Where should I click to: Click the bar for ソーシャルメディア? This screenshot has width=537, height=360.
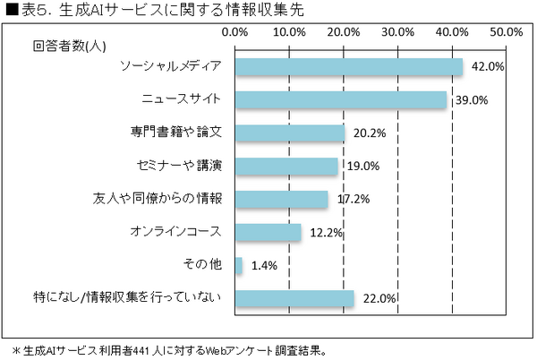349,67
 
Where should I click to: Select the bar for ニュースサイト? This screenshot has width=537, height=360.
341,100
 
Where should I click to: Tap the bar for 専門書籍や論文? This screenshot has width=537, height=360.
290,133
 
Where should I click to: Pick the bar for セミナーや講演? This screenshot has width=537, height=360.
286,166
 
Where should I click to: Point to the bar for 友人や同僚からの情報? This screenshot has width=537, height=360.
282,199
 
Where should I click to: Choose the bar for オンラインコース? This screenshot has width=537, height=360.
268,232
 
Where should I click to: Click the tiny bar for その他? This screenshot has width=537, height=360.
239,265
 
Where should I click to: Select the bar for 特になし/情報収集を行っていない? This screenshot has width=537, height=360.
294,297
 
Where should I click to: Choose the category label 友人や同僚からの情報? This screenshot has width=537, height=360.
158,199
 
